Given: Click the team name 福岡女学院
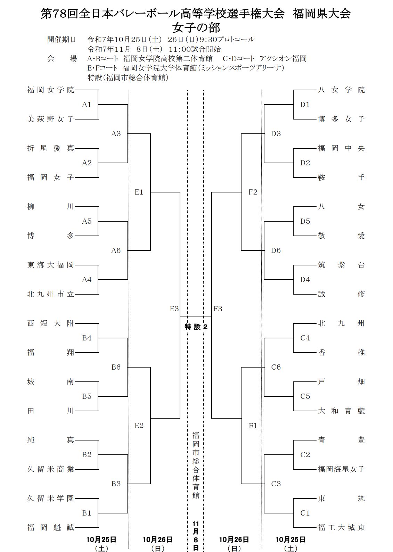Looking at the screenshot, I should [51, 90].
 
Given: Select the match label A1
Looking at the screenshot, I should [87, 105].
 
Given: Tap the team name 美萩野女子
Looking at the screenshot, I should [51, 119].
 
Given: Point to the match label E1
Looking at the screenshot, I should [139, 192].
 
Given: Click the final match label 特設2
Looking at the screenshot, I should [196, 327].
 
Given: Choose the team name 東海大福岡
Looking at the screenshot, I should [51, 265].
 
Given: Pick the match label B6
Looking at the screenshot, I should [116, 367].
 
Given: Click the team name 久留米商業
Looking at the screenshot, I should [51, 469].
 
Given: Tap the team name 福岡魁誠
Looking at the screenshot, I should [51, 528].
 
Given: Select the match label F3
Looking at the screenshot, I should [218, 308].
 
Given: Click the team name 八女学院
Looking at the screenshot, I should [341, 90].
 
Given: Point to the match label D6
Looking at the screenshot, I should [276, 250].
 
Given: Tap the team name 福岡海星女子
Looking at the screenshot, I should [341, 469].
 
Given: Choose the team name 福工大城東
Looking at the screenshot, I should [341, 528].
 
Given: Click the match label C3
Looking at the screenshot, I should [276, 484].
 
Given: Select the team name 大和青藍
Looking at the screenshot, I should [341, 411].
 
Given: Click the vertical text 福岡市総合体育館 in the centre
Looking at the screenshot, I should [196, 465].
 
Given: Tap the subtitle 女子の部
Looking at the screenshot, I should [196, 27].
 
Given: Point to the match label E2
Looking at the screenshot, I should [139, 426].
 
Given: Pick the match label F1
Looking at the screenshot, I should [253, 426].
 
